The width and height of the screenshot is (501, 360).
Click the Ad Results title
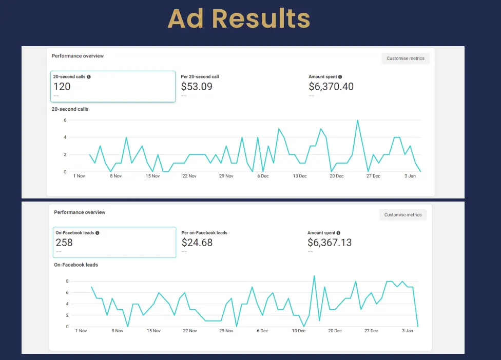[239, 19]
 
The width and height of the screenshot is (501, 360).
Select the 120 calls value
[62, 87]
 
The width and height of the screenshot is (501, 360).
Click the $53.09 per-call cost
[197, 87]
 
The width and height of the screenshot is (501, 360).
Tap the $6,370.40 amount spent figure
[331, 87]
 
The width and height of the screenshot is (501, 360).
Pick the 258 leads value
[64, 243]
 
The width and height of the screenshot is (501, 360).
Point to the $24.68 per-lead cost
[197, 243]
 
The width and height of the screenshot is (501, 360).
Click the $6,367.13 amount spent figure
[330, 243]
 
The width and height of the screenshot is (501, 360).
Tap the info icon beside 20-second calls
[89, 77]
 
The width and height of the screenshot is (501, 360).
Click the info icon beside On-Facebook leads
[98, 233]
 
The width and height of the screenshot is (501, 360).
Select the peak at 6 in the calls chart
[357, 121]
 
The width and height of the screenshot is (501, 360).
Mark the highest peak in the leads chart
[314, 276]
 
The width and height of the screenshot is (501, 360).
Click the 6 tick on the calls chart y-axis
[65, 121]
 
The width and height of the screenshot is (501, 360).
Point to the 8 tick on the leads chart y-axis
[67, 282]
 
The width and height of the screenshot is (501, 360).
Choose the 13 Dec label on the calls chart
[299, 176]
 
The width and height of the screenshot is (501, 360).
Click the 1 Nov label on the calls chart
[80, 176]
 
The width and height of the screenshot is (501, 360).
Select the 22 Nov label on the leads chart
[189, 331]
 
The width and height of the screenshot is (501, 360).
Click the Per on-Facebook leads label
[204, 233]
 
